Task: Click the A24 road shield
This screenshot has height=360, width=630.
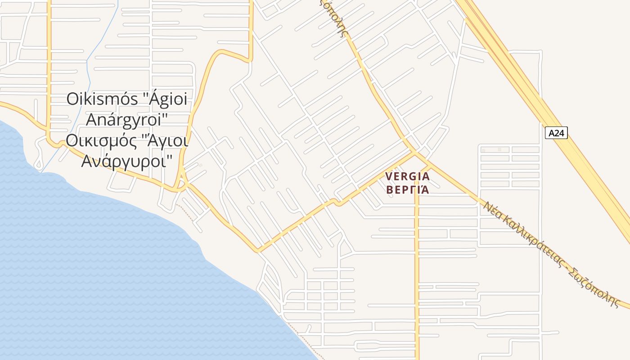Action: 556,133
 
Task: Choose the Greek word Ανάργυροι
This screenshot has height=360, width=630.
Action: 126,161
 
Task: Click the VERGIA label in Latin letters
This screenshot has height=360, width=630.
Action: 408,176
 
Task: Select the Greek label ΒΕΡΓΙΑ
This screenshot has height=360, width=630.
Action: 408,189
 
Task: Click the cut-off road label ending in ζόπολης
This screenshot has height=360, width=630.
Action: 335,18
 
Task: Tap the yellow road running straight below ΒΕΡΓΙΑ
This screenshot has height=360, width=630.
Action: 417,270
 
